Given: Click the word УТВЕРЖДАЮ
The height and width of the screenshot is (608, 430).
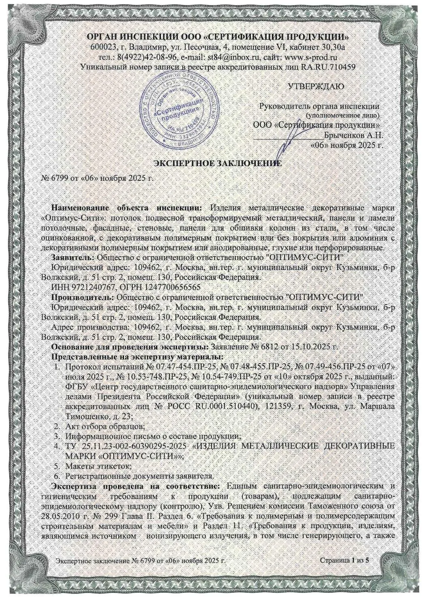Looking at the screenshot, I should [316, 86].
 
